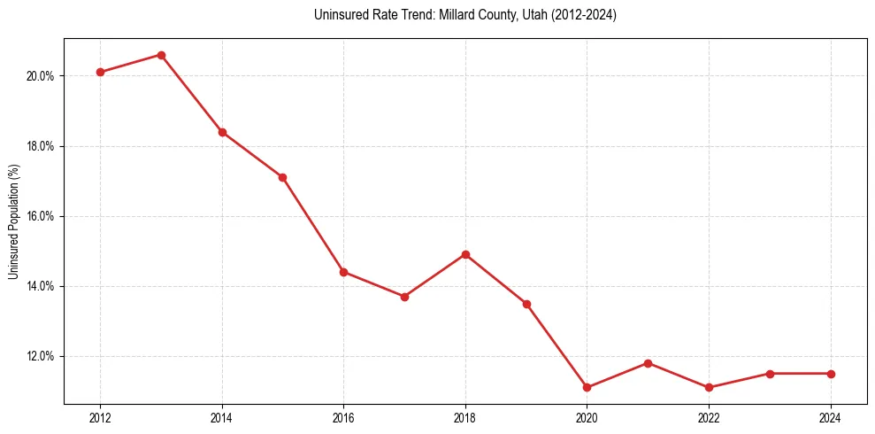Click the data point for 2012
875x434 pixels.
[100, 72]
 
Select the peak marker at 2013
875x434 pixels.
[161, 55]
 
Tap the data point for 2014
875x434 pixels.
[222, 132]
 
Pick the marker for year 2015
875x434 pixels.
[282, 177]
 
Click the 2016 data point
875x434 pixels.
[343, 272]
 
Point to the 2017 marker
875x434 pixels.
[404, 297]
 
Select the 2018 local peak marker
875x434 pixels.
[465, 254]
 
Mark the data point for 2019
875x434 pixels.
[526, 304]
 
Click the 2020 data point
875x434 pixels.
[587, 387]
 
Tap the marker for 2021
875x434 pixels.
[648, 363]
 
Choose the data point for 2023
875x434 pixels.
[770, 374]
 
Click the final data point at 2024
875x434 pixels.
[831, 374]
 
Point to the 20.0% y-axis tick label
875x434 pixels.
[40, 76]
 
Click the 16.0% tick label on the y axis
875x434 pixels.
[40, 216]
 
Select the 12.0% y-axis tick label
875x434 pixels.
[40, 356]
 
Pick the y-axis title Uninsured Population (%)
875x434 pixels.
[13, 221]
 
